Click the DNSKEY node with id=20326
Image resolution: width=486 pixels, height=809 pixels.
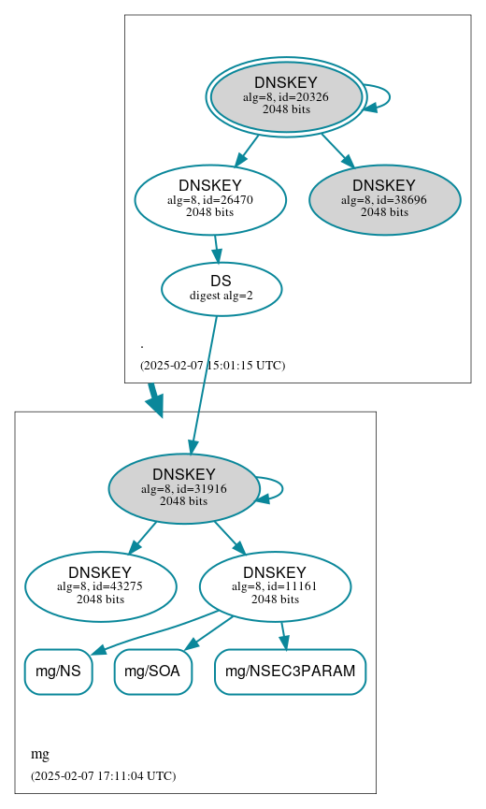pos(286,97)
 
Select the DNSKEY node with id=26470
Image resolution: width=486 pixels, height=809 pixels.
pos(210,199)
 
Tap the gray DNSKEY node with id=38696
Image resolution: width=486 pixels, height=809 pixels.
pos(384,200)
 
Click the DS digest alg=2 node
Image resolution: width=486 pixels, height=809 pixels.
pos(222,288)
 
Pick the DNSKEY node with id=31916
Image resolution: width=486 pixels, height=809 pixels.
pos(184,488)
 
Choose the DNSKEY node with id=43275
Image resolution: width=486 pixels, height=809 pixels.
pos(100,586)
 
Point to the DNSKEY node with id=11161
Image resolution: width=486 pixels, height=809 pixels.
pos(275,586)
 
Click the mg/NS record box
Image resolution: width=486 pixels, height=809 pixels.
pos(58,672)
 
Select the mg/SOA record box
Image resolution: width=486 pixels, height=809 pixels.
pos(153,672)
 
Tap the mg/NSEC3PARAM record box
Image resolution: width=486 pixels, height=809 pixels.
pos(290,672)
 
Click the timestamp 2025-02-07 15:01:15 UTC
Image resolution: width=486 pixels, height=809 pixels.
pos(212,365)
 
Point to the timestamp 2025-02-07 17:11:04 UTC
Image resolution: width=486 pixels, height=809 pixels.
pos(103,775)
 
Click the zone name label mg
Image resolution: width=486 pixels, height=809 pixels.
pos(40,754)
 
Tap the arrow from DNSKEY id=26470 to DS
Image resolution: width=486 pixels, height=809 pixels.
pos(216,248)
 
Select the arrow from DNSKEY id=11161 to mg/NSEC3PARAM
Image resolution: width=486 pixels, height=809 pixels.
pos(283,635)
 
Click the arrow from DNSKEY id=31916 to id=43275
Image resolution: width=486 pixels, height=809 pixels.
pos(142,538)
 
